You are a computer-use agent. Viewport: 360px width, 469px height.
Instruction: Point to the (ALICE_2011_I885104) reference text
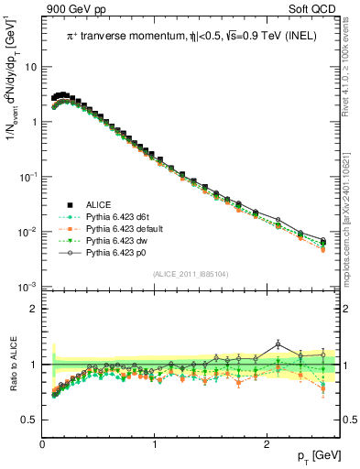[191, 274]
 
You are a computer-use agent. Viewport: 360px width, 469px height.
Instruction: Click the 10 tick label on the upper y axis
[30, 67]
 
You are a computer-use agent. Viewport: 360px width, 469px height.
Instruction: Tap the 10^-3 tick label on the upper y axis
[27, 288]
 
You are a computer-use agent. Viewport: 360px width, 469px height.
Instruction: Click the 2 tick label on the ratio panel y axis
[33, 309]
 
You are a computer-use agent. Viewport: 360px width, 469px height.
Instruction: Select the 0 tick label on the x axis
[42, 444]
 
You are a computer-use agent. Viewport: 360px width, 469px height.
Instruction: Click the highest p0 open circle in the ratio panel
[278, 344]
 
